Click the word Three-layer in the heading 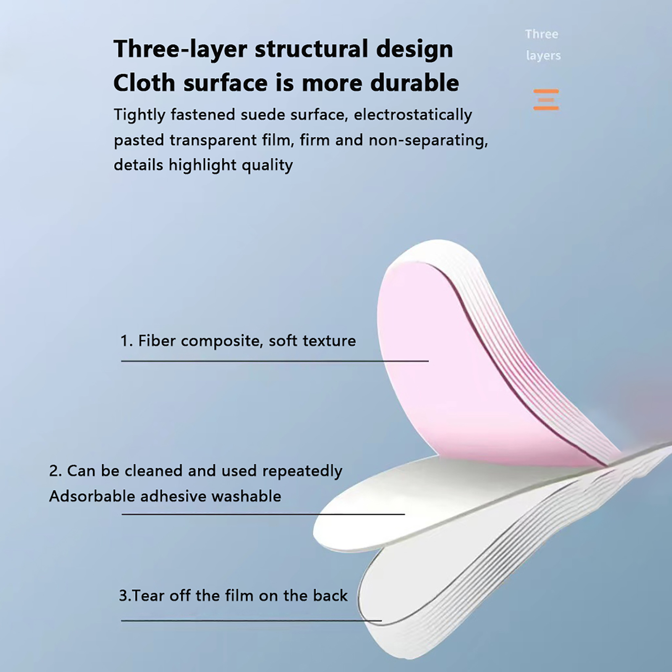click(x=181, y=50)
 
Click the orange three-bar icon click(x=546, y=100)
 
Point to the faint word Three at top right click(x=541, y=34)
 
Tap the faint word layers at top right click(x=543, y=55)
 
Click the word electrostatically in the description click(x=413, y=115)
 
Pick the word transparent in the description click(x=222, y=140)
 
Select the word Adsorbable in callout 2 click(x=92, y=496)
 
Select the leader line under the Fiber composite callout click(x=275, y=361)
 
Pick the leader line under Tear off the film click(x=251, y=620)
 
